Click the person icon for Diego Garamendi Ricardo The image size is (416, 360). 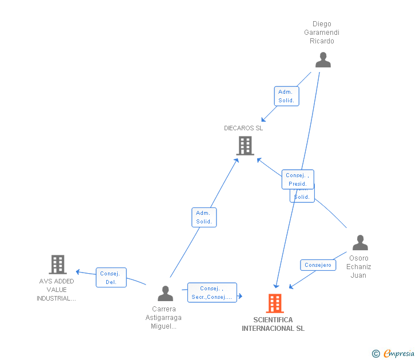click(x=323, y=60)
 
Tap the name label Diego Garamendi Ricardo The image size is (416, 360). click(x=322, y=33)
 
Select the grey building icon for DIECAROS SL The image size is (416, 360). click(x=245, y=146)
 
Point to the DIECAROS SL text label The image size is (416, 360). click(x=243, y=128)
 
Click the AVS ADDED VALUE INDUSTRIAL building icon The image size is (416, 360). click(x=58, y=265)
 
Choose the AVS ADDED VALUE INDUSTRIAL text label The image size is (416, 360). click(x=57, y=290)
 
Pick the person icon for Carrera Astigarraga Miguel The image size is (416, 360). click(x=165, y=294)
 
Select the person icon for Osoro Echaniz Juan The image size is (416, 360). click(x=360, y=243)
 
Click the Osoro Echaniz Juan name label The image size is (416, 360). click(x=359, y=267)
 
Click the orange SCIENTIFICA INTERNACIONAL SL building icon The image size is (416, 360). click(x=275, y=303)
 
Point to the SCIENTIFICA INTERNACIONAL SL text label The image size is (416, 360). click(x=273, y=324)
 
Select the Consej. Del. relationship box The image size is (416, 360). click(x=111, y=278)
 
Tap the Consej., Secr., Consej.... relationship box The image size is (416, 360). click(x=211, y=293)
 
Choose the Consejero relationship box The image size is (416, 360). click(x=318, y=265)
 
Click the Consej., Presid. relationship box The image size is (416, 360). click(x=298, y=179)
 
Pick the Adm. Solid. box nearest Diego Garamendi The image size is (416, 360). click(x=286, y=96)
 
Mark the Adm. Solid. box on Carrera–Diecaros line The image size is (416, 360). click(x=204, y=217)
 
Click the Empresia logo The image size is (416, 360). click(x=394, y=354)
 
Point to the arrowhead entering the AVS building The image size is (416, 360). click(x=78, y=271)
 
